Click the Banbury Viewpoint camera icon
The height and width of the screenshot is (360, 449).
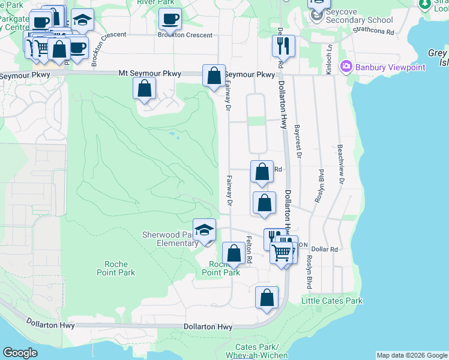pyautogui.click(x=346, y=67)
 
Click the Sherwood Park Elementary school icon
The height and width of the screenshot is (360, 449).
pyautogui.click(x=204, y=231)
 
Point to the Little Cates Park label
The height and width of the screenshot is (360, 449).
pyautogui.click(x=331, y=301)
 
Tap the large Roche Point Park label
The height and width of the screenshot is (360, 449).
pyautogui.click(x=116, y=268)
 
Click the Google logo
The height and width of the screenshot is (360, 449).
pyautogui.click(x=20, y=353)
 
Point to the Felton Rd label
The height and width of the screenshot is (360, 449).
pyautogui.click(x=249, y=249)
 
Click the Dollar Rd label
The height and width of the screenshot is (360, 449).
pyautogui.click(x=325, y=249)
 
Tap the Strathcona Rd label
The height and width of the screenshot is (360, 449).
pyautogui.click(x=373, y=30)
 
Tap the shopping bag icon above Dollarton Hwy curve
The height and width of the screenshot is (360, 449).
pyautogui.click(x=267, y=297)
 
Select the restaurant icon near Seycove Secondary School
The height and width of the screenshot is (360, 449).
pyautogui.click(x=283, y=46)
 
